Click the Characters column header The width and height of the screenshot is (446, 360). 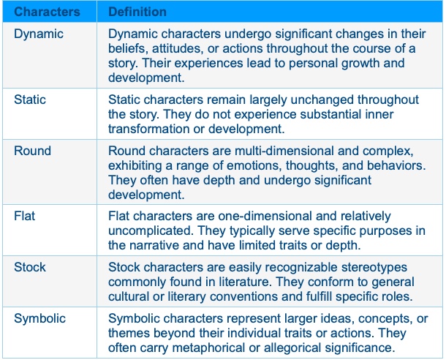[x=47, y=12]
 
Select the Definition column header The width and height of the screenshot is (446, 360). [x=137, y=12]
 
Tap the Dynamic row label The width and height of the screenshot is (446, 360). [x=39, y=34]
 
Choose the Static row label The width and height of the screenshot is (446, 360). [x=30, y=100]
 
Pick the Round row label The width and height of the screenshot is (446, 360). [x=32, y=151]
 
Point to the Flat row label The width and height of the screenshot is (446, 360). [x=24, y=216]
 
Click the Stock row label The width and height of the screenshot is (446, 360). [x=30, y=267]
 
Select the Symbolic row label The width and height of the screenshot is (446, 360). [x=39, y=319]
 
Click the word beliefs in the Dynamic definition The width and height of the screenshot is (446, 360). [x=128, y=49]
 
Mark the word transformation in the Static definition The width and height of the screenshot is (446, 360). [x=148, y=129]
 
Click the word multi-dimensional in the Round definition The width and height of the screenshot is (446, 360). [x=284, y=151]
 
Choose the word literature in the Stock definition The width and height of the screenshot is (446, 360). [x=246, y=282]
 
